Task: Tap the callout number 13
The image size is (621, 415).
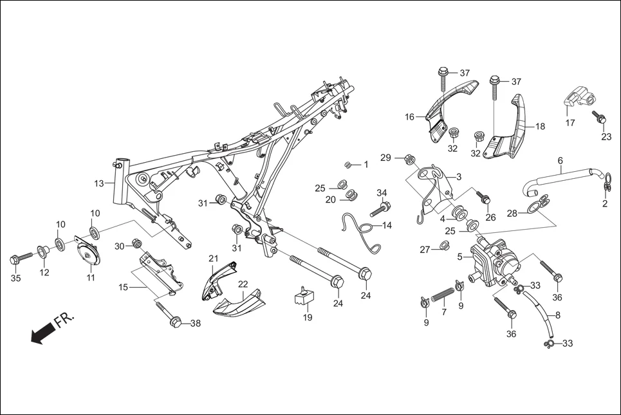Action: tap(98, 183)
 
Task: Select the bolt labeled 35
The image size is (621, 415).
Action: tap(20, 258)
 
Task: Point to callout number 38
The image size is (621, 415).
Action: tap(195, 324)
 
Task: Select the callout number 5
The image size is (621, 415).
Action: tap(460, 256)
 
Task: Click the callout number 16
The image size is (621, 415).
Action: tap(410, 117)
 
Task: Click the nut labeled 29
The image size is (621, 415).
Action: tap(409, 158)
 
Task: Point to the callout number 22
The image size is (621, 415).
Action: tap(243, 284)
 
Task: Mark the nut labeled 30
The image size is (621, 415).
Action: tap(136, 243)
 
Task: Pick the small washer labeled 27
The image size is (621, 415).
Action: tap(444, 244)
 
